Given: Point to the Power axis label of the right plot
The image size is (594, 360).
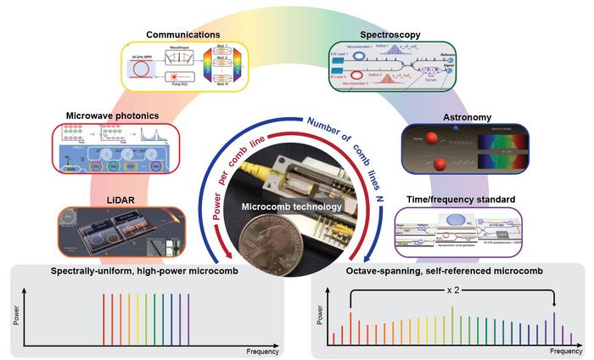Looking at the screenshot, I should [x=321, y=318].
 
